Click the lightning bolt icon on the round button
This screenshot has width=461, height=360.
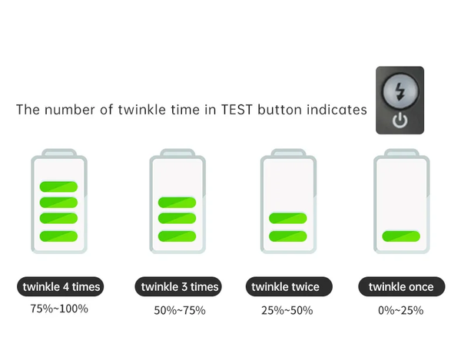tap(400, 91)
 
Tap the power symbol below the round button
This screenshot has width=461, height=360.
tap(400, 121)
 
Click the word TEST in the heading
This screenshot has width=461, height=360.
tap(237, 110)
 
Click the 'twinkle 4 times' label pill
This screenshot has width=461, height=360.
tap(60, 286)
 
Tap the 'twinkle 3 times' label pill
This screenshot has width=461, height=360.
tap(178, 286)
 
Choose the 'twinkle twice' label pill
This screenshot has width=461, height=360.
tap(289, 286)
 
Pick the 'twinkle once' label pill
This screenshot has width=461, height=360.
tap(402, 286)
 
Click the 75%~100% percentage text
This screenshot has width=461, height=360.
tap(59, 309)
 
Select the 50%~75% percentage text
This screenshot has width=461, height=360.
tap(180, 310)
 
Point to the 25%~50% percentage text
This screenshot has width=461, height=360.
tap(287, 310)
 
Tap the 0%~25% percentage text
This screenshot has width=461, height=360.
tap(401, 310)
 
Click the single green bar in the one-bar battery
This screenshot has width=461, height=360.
tap(401, 236)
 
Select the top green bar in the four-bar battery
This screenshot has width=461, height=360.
tap(58, 187)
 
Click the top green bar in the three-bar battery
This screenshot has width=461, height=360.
tap(177, 203)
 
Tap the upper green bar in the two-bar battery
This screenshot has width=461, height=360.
tap(288, 219)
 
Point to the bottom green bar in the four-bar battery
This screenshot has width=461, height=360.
tap(58, 236)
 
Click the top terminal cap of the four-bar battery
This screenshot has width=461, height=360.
tap(59, 153)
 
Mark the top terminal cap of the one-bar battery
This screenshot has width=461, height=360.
tap(402, 153)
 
